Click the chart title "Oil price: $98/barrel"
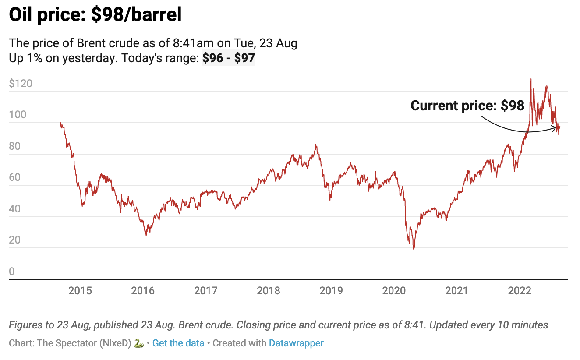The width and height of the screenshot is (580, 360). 95,15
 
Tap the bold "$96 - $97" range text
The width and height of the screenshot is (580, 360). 228,58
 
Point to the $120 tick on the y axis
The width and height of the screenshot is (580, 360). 21,84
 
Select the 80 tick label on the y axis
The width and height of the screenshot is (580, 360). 15,146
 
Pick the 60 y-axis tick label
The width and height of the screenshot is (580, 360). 15,178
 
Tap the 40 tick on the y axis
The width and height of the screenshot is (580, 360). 15,209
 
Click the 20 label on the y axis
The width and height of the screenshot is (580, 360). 15,240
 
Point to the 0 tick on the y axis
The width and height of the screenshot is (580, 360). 12,272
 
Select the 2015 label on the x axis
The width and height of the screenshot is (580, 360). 80,291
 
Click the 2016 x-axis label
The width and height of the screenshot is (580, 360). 143,291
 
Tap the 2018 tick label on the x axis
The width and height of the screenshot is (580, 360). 269,291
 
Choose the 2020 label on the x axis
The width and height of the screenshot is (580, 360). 394,291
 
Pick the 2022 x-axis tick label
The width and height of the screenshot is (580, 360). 519,291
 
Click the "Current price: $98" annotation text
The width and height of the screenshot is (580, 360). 467,106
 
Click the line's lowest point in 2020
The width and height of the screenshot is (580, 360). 413,249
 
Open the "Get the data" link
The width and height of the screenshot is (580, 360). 178,343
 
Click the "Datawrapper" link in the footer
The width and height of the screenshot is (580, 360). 296,343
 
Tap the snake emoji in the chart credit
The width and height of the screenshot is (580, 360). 139,343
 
